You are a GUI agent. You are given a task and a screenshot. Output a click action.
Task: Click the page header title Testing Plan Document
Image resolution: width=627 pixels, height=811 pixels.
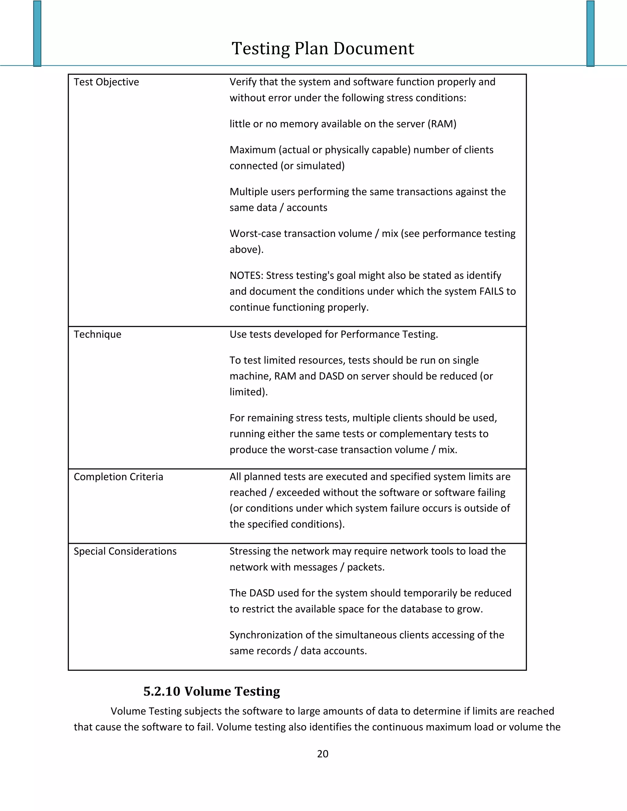[322, 49]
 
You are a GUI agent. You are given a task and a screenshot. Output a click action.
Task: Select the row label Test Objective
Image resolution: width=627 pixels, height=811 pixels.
[106, 82]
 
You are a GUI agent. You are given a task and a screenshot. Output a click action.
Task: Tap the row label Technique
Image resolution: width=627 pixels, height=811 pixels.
[97, 334]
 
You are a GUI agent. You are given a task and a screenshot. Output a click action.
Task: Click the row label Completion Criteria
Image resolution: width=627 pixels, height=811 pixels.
[118, 477]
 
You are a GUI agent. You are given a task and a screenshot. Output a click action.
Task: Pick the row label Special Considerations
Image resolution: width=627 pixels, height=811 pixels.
[125, 551]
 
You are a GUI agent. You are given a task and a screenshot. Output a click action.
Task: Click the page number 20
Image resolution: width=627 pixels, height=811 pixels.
[322, 754]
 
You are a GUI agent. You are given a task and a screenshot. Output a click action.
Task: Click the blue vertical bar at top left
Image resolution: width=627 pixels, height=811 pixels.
[37, 33]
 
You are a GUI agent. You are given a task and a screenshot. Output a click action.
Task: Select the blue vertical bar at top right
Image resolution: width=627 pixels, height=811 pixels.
[590, 33]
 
